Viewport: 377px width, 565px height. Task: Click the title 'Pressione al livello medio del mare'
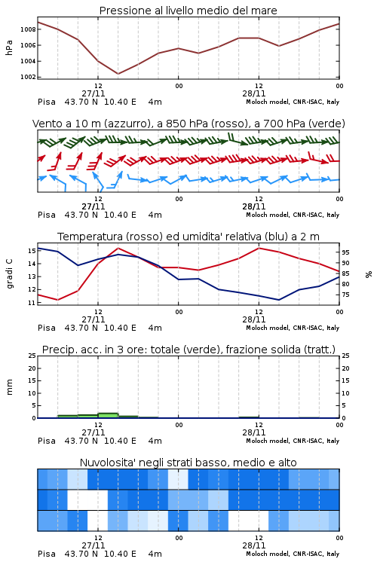coord(188,11)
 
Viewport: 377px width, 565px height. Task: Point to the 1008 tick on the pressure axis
coord(28,29)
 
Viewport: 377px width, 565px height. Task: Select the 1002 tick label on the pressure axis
coord(28,77)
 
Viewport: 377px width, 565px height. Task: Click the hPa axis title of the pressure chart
coord(9,47)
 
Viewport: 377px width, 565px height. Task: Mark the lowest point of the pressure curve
coord(118,74)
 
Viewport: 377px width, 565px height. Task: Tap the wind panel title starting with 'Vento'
coord(188,124)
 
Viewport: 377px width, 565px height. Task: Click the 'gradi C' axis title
coord(10,274)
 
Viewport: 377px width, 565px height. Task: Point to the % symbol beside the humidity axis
coord(369,274)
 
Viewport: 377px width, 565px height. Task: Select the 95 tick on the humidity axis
coord(345,252)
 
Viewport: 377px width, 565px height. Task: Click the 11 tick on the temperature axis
coord(32,303)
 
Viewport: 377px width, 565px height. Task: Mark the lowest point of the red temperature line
coord(58,300)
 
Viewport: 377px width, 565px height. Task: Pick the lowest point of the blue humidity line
coord(278,300)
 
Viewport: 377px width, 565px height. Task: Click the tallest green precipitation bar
coord(108,415)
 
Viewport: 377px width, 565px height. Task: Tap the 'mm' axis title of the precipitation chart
coord(10,386)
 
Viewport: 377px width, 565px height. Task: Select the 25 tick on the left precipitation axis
coord(32,356)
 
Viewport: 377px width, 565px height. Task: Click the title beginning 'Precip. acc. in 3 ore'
coord(188,350)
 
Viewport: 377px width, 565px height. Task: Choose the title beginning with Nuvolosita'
coord(188,463)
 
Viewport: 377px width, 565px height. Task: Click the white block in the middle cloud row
coord(87,499)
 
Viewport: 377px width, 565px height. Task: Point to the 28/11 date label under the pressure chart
coord(254,93)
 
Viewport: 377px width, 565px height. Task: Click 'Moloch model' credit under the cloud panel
coord(268,554)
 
